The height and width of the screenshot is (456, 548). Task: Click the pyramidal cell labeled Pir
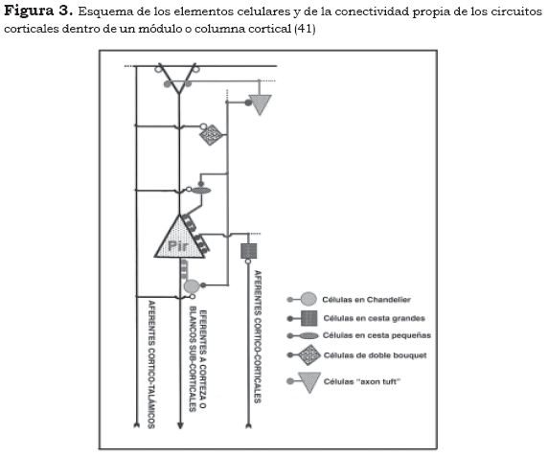(179, 239)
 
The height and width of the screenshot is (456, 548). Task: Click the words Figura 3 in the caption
(38, 11)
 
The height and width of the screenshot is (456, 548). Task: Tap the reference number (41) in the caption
(305, 29)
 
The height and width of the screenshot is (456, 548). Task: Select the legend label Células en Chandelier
(366, 300)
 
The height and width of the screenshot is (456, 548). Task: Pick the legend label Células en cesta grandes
(375, 318)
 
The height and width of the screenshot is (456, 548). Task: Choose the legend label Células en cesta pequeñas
(377, 335)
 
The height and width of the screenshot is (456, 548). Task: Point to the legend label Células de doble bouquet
(375, 355)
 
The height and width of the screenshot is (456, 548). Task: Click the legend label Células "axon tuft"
(362, 381)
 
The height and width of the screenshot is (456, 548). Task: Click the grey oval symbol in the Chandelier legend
(308, 299)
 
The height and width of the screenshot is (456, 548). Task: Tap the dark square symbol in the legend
(308, 318)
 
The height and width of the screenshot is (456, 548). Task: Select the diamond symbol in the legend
(308, 355)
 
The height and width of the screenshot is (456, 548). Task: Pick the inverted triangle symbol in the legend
(308, 382)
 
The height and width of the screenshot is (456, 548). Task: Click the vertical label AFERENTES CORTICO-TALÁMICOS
(151, 364)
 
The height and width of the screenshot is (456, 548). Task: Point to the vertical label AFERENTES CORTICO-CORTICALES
(258, 337)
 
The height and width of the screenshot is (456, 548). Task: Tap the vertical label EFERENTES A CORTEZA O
(203, 359)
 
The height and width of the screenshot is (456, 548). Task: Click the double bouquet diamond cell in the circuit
(211, 134)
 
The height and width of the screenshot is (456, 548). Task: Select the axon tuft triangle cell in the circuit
(260, 104)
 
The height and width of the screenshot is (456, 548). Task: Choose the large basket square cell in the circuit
(249, 251)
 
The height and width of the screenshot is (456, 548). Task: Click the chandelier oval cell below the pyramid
(192, 286)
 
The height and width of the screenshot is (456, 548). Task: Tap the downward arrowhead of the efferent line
(180, 425)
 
